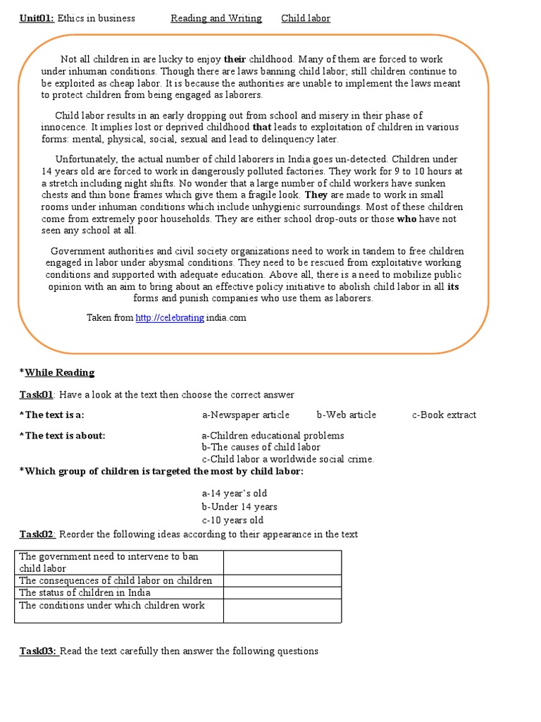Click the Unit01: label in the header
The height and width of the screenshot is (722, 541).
click(37, 18)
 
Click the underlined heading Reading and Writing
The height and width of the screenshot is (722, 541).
click(216, 18)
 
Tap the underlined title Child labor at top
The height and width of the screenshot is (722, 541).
click(306, 18)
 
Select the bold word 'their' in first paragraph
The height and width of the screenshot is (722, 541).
click(235, 59)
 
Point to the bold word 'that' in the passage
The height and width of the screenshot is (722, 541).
click(262, 127)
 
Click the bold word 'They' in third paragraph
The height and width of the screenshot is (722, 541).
click(316, 195)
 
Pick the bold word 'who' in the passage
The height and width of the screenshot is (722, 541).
click(407, 219)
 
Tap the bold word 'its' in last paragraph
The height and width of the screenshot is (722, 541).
click(454, 286)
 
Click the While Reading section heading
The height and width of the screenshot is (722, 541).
click(59, 372)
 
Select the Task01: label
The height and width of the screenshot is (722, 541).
click(37, 395)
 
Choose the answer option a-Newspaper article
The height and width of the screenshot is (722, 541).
click(245, 415)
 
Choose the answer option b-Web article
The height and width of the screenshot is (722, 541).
click(346, 415)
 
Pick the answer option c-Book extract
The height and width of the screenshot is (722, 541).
click(444, 415)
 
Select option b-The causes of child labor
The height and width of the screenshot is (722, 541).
click(261, 447)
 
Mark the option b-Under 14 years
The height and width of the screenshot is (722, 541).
click(240, 507)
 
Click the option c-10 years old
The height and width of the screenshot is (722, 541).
click(232, 520)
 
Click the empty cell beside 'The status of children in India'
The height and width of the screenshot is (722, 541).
click(282, 593)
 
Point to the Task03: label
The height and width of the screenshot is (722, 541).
click(38, 651)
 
